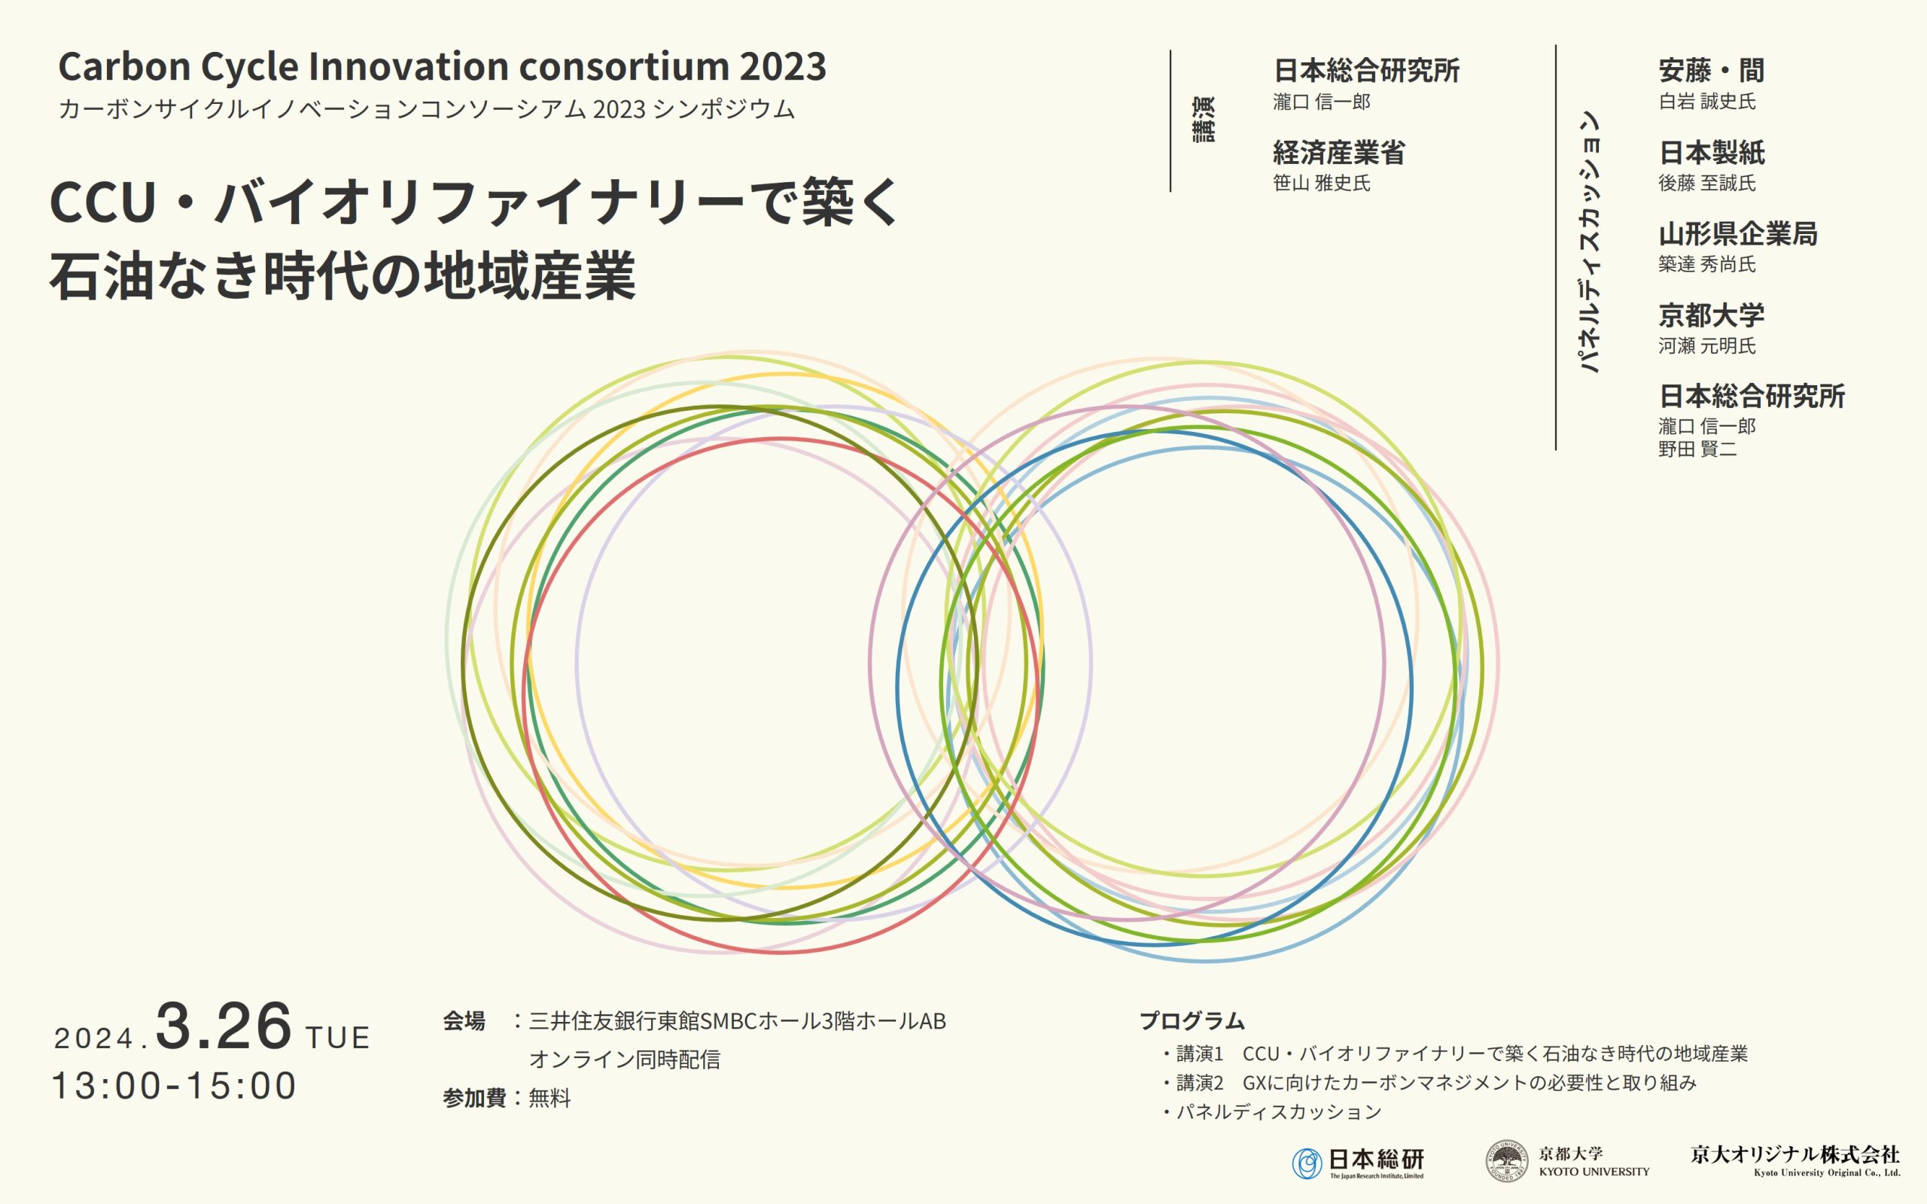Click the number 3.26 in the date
coord(224,1026)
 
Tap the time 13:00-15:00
coord(175,1086)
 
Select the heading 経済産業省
coord(1339,152)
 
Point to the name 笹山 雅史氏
coord(1322,183)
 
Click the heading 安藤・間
coord(1711,71)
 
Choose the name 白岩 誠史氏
coord(1707,101)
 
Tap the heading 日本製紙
coord(1712,152)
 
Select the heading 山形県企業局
coord(1738,234)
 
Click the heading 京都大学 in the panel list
coord(1712,315)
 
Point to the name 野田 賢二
coord(1697,449)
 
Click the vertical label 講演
coord(1204,120)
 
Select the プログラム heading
coord(1192,1020)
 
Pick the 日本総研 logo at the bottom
coord(1358,1163)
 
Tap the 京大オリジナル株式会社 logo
coord(1795,1160)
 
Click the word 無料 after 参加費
coord(550,1098)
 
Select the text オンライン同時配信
coord(625,1059)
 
